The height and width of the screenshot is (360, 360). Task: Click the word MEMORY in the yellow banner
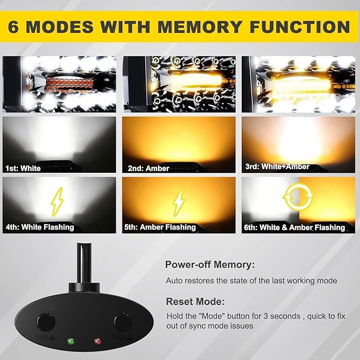click(199, 27)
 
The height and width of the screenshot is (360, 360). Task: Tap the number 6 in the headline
click(13, 27)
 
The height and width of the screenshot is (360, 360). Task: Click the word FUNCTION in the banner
click(300, 27)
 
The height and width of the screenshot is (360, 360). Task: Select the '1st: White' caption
click(23, 169)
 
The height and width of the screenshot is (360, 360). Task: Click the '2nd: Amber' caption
click(148, 169)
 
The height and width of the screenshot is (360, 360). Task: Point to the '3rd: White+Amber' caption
click(277, 166)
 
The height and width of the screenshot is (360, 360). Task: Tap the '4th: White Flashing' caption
click(40, 227)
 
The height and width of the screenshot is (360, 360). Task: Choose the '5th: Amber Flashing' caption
click(160, 227)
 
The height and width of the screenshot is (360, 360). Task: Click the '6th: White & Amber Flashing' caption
click(295, 227)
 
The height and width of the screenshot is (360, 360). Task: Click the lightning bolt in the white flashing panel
click(57, 202)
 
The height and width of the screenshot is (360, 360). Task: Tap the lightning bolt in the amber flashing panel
click(179, 202)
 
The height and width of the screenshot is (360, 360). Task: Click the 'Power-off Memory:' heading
click(210, 265)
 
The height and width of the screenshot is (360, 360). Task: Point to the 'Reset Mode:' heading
click(195, 302)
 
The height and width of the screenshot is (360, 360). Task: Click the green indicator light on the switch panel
click(71, 341)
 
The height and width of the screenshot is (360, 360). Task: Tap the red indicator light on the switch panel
click(98, 341)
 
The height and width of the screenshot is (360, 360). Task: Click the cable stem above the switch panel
click(84, 263)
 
